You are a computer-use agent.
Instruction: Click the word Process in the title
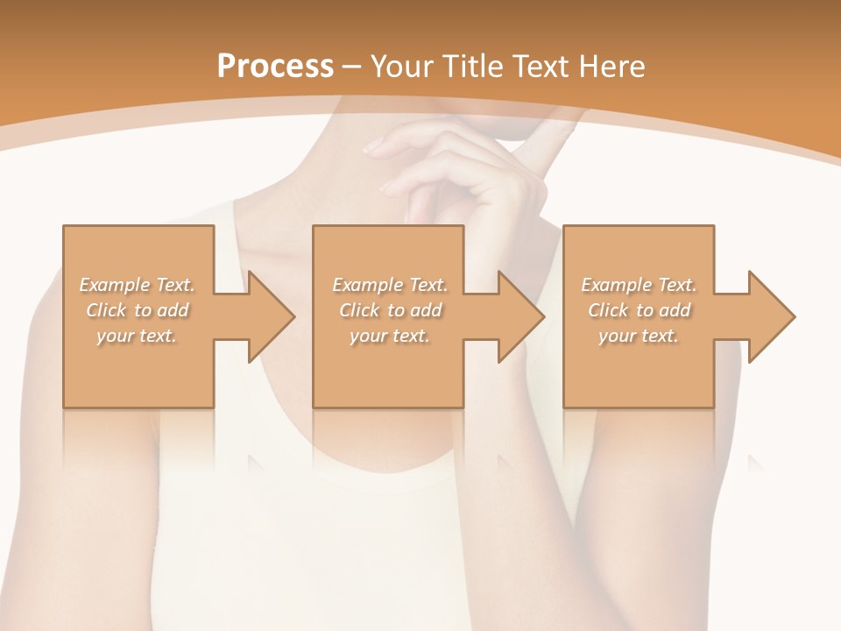[x=275, y=67]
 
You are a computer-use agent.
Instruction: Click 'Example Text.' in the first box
[x=138, y=285]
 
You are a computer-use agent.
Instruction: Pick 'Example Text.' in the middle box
[x=390, y=285]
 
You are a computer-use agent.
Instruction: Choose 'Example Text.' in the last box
[x=639, y=285]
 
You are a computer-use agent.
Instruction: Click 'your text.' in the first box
[x=138, y=336]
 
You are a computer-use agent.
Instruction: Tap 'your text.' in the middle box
[x=390, y=336]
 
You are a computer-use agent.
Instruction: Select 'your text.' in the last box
[x=639, y=336]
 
